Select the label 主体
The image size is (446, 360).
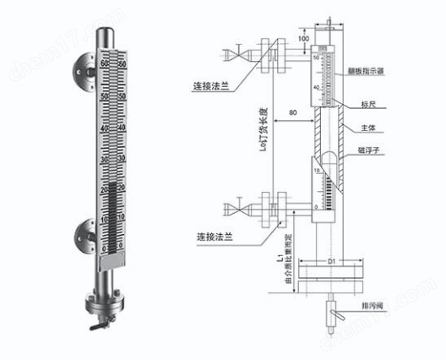(x=369, y=129)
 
